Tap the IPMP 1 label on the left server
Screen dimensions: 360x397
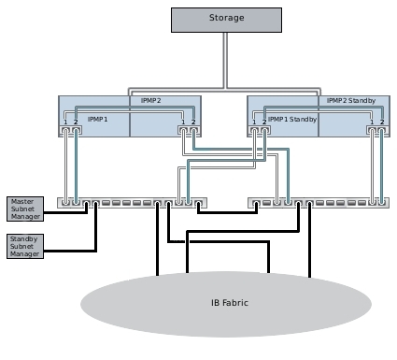pyautogui.click(x=98, y=120)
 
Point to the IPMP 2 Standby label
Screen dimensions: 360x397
pyautogui.click(x=350, y=100)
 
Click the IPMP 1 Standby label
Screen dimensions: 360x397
pyautogui.click(x=292, y=120)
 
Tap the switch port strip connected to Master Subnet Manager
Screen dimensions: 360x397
pyautogui.click(x=131, y=203)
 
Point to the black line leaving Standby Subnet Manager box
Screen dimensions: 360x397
pyautogui.click(x=70, y=251)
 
